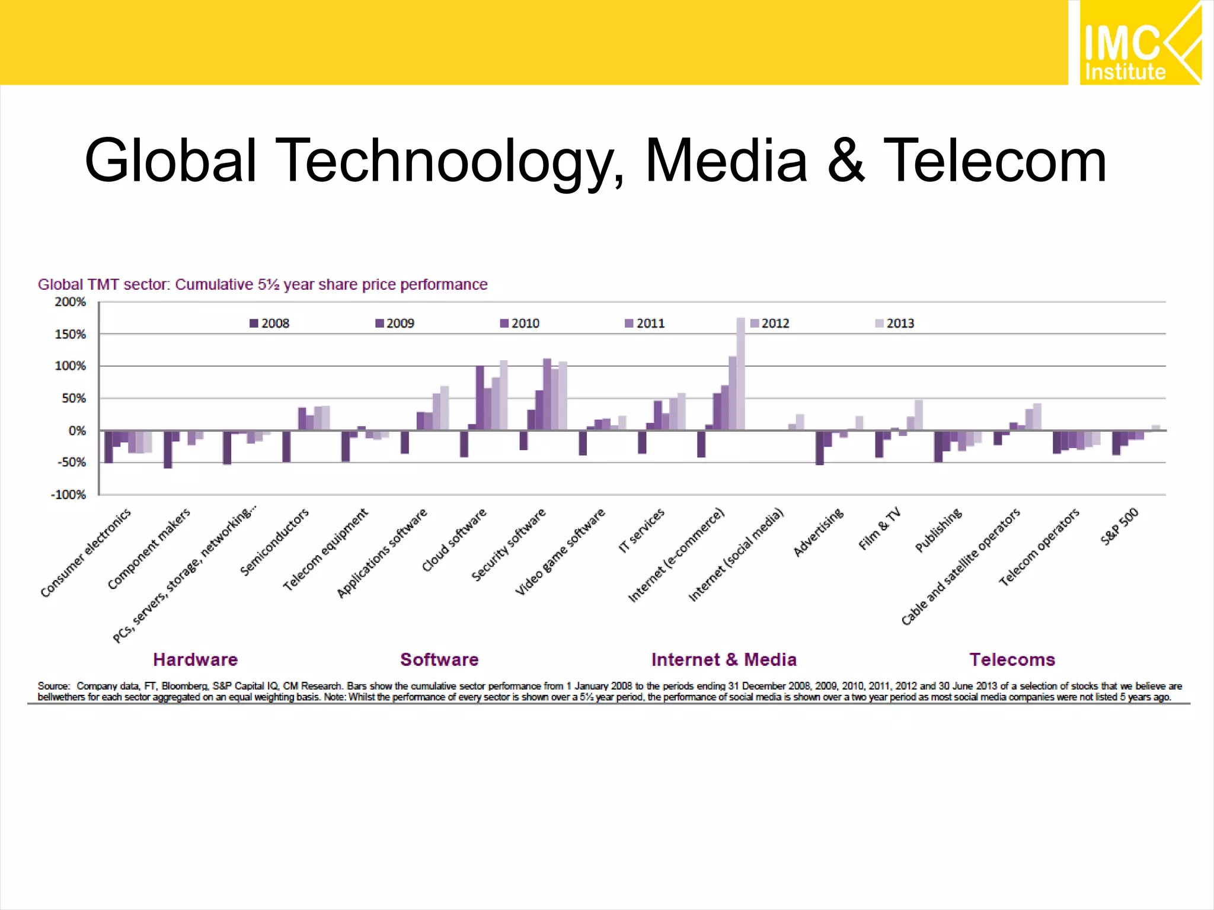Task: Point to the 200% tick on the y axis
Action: click(71, 302)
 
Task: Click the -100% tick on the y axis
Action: click(68, 495)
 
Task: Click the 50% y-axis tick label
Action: click(74, 399)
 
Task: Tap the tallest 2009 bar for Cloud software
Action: click(480, 398)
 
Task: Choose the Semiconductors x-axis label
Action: click(274, 541)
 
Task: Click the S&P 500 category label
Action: click(1119, 526)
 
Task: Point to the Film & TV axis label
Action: click(880, 528)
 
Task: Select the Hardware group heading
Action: click(195, 659)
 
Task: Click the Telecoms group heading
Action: click(1012, 659)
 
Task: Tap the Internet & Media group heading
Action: click(723, 659)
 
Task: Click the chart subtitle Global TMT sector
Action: click(262, 285)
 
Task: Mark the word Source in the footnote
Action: click(53, 686)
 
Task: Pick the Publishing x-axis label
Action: click(938, 530)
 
